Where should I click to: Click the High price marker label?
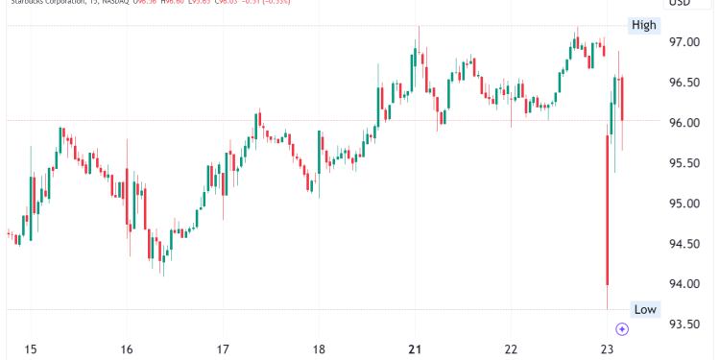point(643,25)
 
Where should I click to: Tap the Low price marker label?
point(644,308)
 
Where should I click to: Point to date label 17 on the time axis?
point(223,348)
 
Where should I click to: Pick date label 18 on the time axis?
point(319,348)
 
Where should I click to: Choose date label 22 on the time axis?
point(512,348)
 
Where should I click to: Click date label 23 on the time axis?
point(607,348)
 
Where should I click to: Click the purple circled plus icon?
point(622,329)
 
